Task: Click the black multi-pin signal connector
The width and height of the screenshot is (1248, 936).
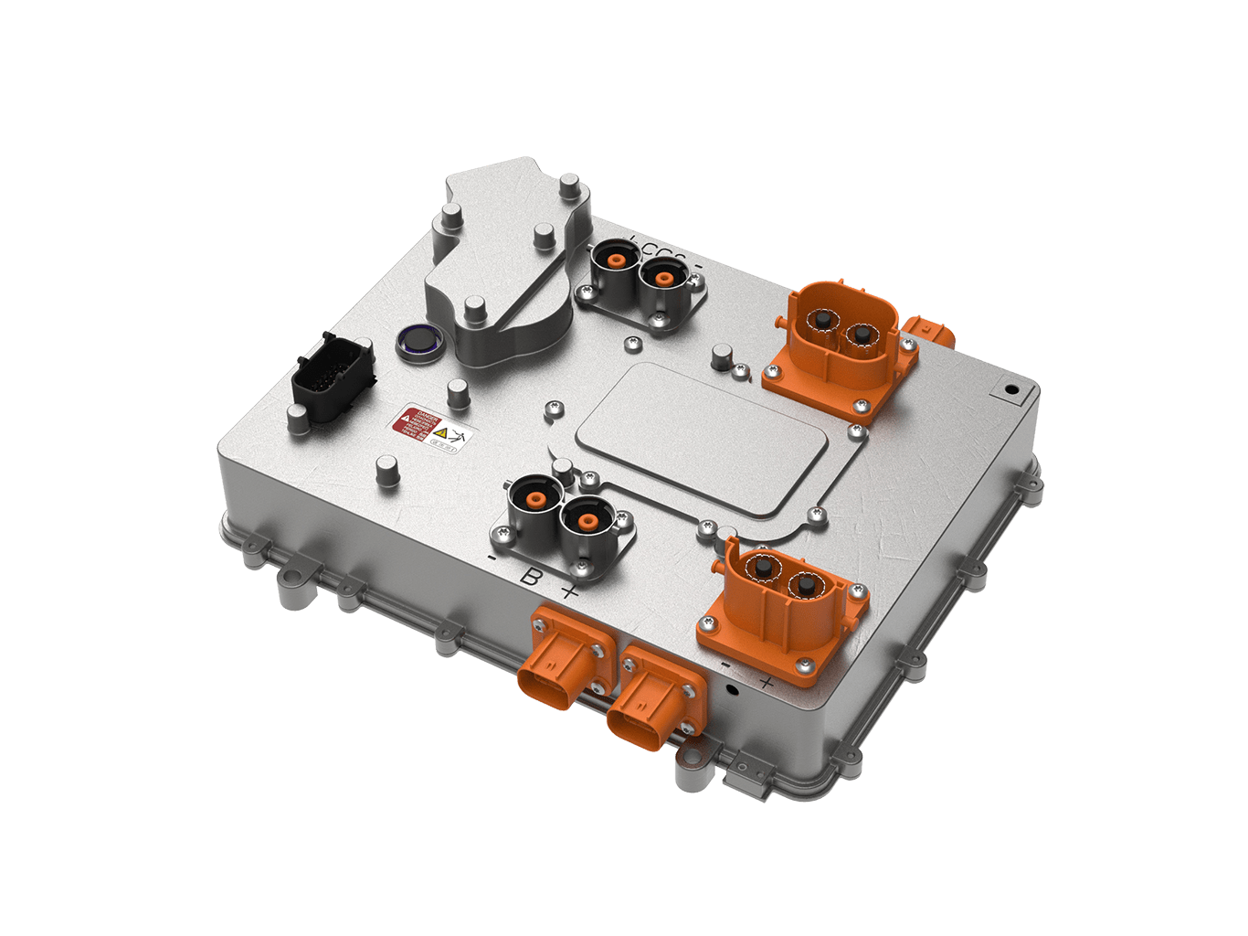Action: (333, 379)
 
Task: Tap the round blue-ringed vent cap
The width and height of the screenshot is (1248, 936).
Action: (419, 343)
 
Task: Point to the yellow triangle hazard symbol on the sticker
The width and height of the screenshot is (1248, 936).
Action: (440, 432)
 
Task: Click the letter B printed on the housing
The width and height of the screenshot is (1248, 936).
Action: (529, 577)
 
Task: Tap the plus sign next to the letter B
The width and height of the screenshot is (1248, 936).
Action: (569, 591)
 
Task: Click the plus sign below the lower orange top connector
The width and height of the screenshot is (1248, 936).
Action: (766, 682)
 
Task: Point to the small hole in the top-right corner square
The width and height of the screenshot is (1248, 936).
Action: (1010, 389)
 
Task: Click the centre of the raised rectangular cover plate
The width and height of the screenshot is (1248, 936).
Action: (702, 437)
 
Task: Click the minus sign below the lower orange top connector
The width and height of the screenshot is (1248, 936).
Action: (724, 665)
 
